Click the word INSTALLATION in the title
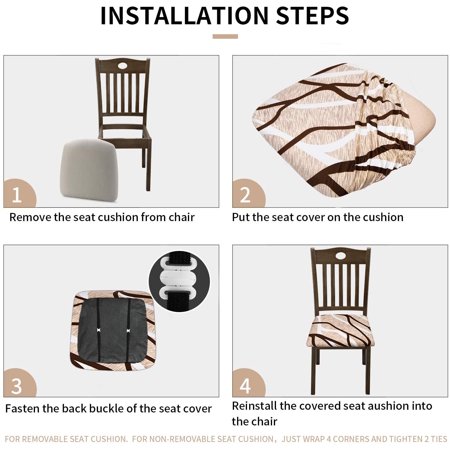point(184,15)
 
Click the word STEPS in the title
point(313,15)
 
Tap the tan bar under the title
point(225,36)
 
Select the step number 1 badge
point(18,194)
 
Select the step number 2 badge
point(247,194)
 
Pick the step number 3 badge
point(18,383)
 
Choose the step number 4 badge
point(247,383)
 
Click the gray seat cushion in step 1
point(88,170)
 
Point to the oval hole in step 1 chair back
point(122,65)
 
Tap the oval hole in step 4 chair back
point(341,256)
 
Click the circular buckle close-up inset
point(179,281)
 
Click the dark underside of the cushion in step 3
point(113,330)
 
